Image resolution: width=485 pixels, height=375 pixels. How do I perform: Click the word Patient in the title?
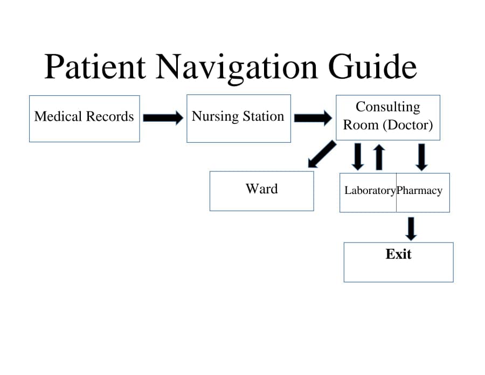[x=95, y=67]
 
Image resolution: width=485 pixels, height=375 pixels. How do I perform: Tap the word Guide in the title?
[x=372, y=67]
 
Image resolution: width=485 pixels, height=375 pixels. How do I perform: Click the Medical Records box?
[x=84, y=119]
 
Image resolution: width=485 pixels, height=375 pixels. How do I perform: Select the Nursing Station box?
[x=238, y=119]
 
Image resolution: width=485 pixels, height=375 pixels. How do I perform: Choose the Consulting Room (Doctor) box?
[x=388, y=118]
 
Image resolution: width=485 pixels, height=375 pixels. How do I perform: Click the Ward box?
[x=261, y=191]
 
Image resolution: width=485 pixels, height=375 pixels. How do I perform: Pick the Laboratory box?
[x=368, y=192]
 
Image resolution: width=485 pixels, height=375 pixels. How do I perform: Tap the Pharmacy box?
[x=422, y=192]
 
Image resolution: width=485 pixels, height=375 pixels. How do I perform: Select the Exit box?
[x=398, y=262]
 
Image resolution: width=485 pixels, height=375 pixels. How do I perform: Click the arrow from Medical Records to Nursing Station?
[x=163, y=117]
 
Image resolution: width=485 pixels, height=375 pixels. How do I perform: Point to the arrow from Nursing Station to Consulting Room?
[x=313, y=117]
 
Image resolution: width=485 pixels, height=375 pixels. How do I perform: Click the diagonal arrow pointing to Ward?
[x=321, y=155]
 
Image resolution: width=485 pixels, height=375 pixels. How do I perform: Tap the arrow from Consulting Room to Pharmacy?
[x=422, y=157]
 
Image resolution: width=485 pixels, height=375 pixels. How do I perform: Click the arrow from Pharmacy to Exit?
[x=411, y=228]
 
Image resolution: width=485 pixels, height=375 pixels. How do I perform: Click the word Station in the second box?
[x=263, y=116]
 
